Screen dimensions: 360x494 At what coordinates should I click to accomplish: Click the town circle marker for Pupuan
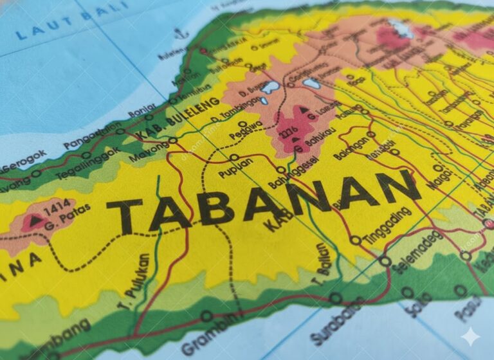tap(234, 157)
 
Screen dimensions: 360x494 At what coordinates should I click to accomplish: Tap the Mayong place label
tap(149, 152)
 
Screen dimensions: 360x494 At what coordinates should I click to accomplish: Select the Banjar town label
tap(141, 111)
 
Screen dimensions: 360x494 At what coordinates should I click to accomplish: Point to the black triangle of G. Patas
tap(33, 221)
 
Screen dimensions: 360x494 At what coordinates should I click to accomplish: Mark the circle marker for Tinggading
tap(355, 240)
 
